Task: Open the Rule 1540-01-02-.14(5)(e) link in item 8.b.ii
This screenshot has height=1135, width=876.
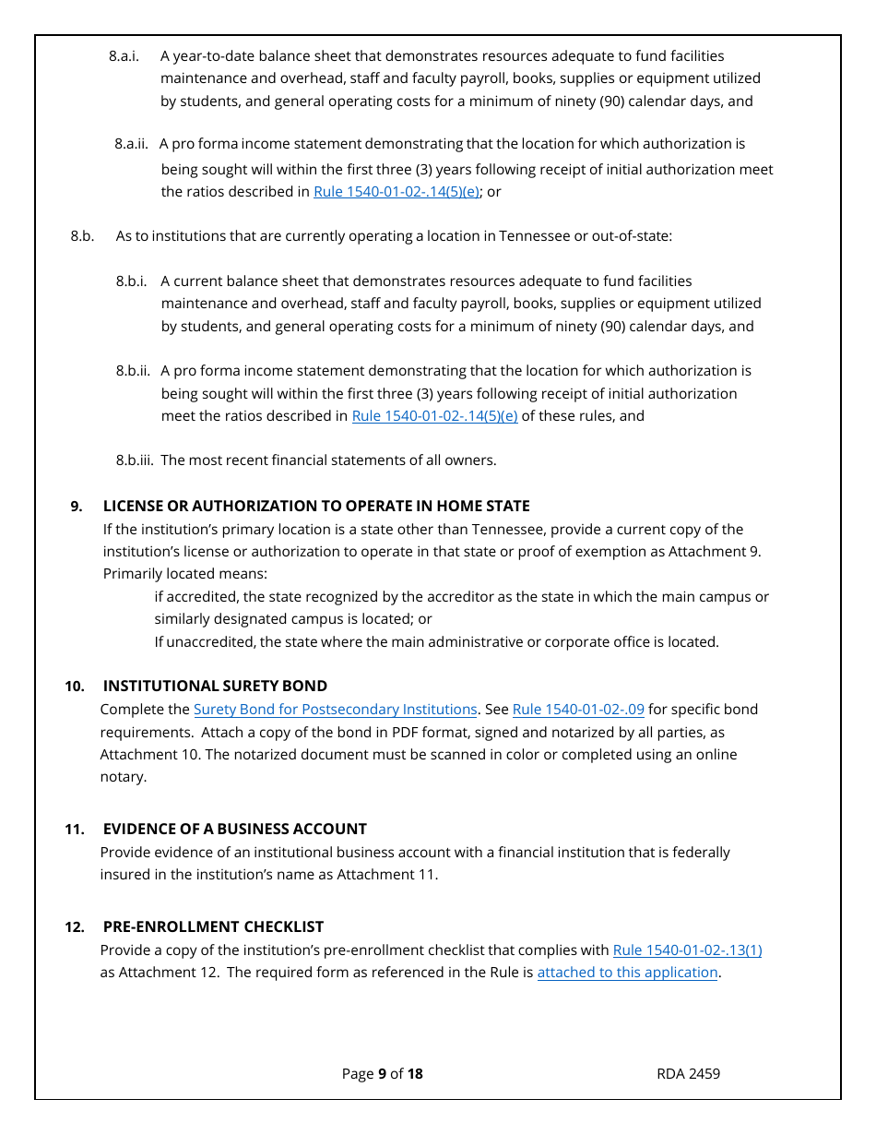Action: point(434,415)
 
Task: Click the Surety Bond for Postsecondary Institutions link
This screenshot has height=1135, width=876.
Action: point(335,710)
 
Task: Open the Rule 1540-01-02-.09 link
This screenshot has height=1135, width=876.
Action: point(577,710)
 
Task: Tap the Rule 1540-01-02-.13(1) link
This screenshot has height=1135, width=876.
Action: point(687,950)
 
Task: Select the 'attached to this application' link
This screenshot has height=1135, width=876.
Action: point(627,972)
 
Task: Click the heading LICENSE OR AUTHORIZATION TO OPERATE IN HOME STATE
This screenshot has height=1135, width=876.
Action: point(316,506)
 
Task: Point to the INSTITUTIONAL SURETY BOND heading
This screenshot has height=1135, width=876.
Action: point(215,686)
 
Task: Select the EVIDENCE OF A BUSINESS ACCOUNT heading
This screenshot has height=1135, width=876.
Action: point(234,829)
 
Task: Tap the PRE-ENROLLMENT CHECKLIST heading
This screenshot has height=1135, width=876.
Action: point(213,926)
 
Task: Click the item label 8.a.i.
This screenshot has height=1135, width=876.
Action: point(124,56)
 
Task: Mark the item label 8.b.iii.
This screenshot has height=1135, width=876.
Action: point(135,460)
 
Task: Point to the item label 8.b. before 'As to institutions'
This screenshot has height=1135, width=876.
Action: point(82,236)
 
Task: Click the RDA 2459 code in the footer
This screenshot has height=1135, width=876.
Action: point(688,1073)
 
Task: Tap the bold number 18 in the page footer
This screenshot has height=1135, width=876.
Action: point(415,1073)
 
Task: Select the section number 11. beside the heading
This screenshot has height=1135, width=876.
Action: point(75,829)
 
